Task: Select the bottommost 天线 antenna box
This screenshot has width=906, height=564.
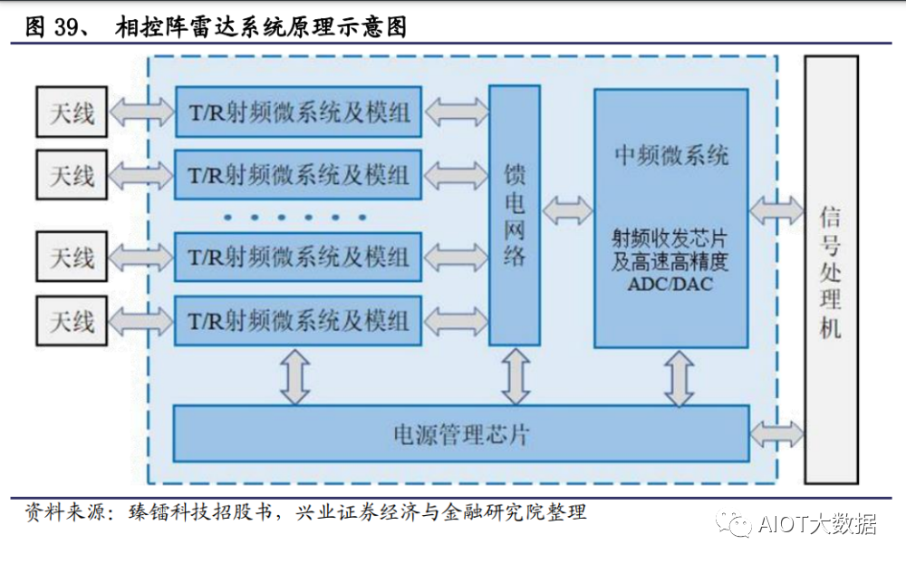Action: (x=72, y=320)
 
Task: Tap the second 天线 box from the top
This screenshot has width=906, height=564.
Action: (x=72, y=174)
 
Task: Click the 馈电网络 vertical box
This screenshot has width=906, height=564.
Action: (x=515, y=215)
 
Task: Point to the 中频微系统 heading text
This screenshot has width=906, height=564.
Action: (x=670, y=155)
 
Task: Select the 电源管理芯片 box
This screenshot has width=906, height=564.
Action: (x=460, y=433)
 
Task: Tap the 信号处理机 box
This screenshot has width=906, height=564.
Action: (x=831, y=269)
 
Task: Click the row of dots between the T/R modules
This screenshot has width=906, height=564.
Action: (x=296, y=218)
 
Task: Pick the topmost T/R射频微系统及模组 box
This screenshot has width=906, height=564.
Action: (x=298, y=112)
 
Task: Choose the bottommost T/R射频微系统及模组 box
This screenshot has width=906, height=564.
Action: (x=298, y=320)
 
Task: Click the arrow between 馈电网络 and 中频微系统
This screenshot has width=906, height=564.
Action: (x=567, y=215)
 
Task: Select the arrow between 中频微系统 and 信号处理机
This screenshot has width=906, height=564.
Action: (x=776, y=212)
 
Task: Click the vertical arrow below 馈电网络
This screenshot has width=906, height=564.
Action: (x=516, y=375)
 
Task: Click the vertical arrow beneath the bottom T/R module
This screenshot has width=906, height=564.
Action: (x=294, y=375)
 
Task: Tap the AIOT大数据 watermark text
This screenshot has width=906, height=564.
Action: (x=816, y=524)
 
